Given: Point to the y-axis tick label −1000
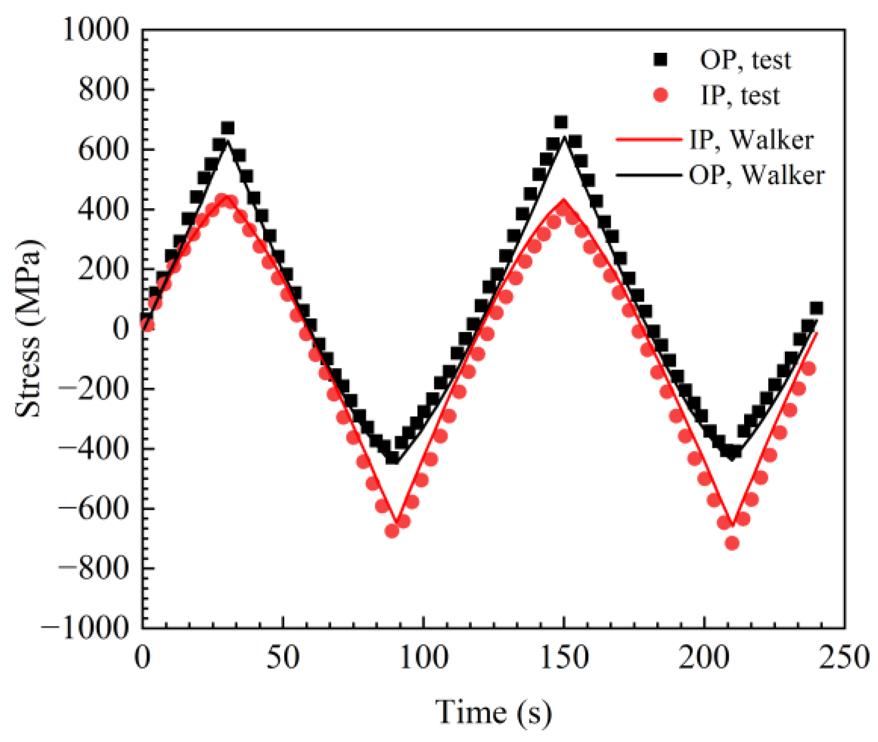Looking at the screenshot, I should pos(85,627).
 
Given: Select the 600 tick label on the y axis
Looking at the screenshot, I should pos(103,149).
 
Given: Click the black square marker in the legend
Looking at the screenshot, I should pos(660,60).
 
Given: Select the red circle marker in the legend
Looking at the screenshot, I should pos(660,95).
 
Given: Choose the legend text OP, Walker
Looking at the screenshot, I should pos(756,175).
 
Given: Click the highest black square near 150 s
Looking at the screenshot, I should pos(561,122).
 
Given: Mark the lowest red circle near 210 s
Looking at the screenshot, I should pos(732,543).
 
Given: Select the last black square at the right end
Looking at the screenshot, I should pos(816,308).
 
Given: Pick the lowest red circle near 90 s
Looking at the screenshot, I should pos(392,531).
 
